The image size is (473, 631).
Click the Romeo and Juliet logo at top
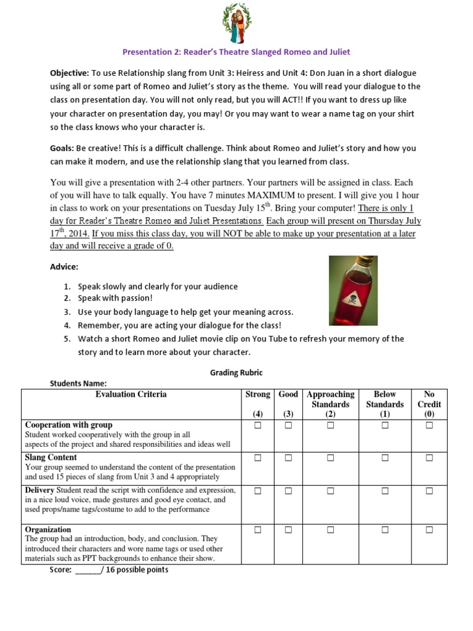[x=236, y=25]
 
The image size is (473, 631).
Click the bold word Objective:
[x=70, y=73]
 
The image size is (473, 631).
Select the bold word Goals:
[x=62, y=149]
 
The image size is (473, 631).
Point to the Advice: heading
[x=64, y=267]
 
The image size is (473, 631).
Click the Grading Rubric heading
[x=236, y=372]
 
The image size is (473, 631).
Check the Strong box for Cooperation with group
[x=257, y=425]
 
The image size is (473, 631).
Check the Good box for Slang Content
[x=288, y=458]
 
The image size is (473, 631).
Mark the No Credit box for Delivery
[x=429, y=491]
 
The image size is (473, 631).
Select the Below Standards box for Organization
[x=385, y=530]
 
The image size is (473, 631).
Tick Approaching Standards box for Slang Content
[x=331, y=458]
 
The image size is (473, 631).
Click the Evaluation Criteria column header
[x=131, y=394]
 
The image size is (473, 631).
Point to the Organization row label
[x=48, y=529]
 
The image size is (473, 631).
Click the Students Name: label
[x=78, y=383]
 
